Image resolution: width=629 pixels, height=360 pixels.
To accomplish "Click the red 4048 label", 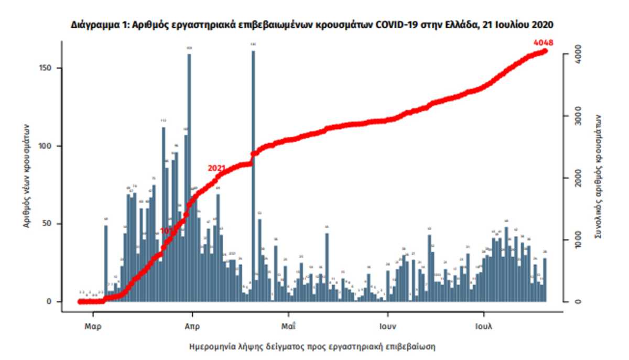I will [x=543, y=43].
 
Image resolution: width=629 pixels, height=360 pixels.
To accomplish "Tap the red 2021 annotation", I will [x=216, y=168].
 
